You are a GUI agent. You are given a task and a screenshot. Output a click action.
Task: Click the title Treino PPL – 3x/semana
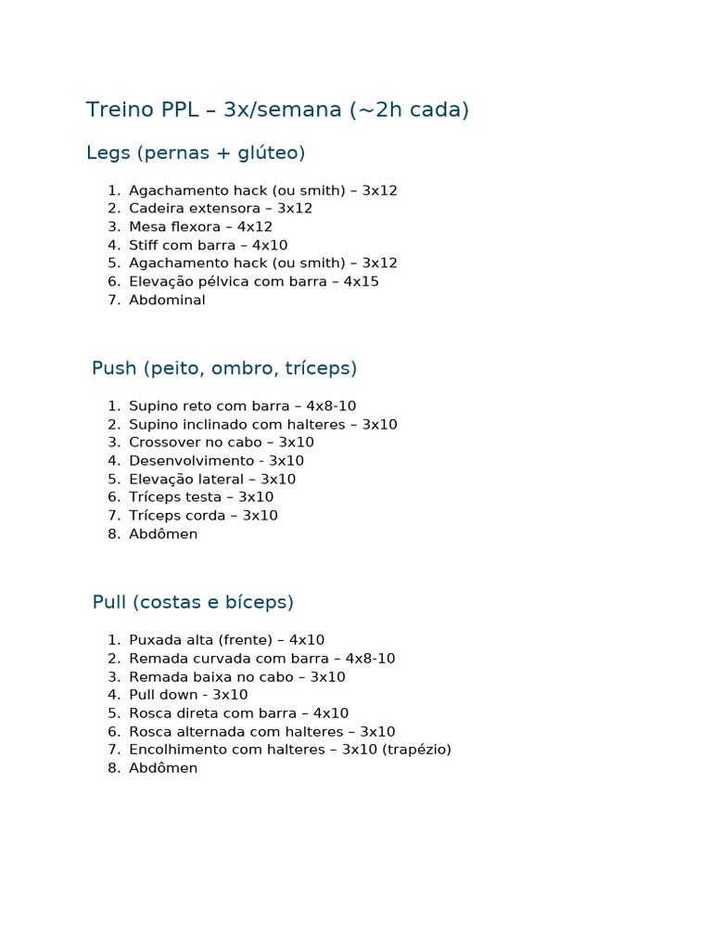277,110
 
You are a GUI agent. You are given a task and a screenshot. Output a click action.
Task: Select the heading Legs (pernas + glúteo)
196,153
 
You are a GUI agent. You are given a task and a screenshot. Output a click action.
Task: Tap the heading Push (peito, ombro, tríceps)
224,368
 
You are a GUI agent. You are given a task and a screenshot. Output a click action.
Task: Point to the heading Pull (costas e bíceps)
193,602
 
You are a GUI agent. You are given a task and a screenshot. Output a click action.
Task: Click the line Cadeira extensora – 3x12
221,209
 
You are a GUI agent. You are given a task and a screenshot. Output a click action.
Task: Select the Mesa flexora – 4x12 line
200,227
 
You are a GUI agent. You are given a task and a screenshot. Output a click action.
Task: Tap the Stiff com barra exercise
208,246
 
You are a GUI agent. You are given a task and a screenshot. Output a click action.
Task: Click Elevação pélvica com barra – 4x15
253,282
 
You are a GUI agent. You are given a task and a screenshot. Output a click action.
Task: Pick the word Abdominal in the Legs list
167,301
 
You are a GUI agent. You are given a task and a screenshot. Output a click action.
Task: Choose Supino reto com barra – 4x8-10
242,406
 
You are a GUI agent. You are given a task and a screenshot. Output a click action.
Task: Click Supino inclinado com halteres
262,425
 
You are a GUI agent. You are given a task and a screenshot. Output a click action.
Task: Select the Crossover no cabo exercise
221,443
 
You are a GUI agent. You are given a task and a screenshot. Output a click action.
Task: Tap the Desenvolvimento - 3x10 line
216,461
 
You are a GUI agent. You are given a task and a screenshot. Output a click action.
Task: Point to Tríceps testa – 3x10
201,497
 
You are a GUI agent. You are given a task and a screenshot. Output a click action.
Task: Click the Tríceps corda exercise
203,516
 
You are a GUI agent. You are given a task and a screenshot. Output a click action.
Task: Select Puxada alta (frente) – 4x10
226,640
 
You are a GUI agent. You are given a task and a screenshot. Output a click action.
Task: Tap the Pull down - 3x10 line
188,695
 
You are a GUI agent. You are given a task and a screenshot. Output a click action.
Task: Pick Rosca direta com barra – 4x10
238,713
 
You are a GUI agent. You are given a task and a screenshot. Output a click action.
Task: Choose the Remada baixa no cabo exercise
236,677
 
